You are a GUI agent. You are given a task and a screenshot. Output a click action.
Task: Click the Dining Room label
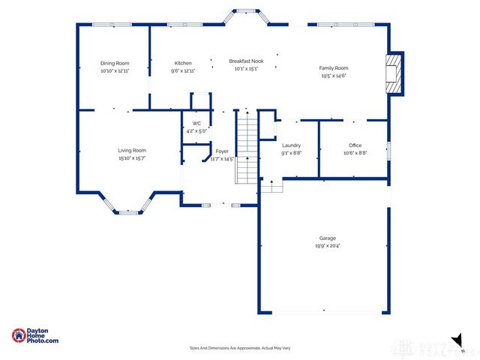(115, 63)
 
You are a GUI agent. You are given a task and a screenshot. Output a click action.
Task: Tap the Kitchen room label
(183, 63)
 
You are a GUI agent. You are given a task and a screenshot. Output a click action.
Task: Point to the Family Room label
(334, 68)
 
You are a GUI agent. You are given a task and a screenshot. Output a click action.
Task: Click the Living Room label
(131, 150)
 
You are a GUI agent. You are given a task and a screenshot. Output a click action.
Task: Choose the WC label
(196, 123)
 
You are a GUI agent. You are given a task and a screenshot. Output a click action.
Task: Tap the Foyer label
(222, 151)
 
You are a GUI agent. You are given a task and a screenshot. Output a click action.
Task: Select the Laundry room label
(291, 145)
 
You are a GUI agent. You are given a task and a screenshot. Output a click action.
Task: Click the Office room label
(355, 145)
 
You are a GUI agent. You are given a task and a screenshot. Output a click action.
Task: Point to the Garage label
(327, 238)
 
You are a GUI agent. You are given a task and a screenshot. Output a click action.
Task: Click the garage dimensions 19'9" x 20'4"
(327, 245)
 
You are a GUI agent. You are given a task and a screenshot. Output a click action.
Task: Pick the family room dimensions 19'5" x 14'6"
(334, 76)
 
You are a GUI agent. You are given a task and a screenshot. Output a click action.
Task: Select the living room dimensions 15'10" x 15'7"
(131, 158)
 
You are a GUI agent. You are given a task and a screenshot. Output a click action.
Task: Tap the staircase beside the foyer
(247, 147)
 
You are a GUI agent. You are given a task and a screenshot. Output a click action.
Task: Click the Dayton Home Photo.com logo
(35, 336)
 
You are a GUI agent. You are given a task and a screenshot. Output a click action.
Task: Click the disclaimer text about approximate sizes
(240, 348)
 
